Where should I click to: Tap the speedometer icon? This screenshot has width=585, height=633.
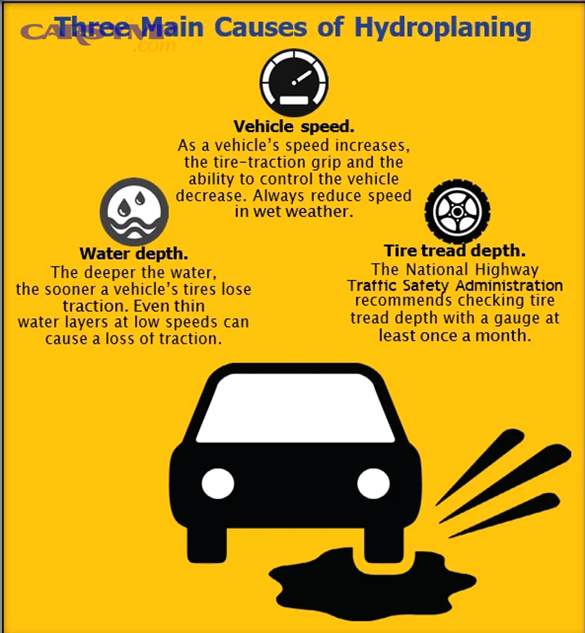294,83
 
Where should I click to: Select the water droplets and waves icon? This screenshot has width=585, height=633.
134,212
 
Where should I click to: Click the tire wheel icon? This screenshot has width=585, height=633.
457,211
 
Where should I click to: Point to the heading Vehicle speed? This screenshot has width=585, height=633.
294,126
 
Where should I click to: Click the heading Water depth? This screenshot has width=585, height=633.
134,253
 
